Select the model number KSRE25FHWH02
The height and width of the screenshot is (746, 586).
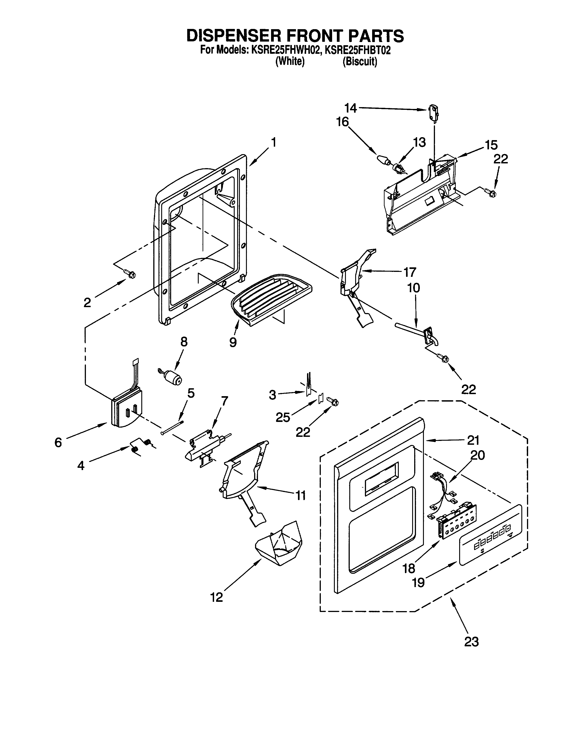[286, 50]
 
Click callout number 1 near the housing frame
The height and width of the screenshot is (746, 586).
[273, 142]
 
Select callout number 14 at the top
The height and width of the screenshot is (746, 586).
[351, 108]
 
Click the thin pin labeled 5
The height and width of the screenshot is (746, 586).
[172, 427]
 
